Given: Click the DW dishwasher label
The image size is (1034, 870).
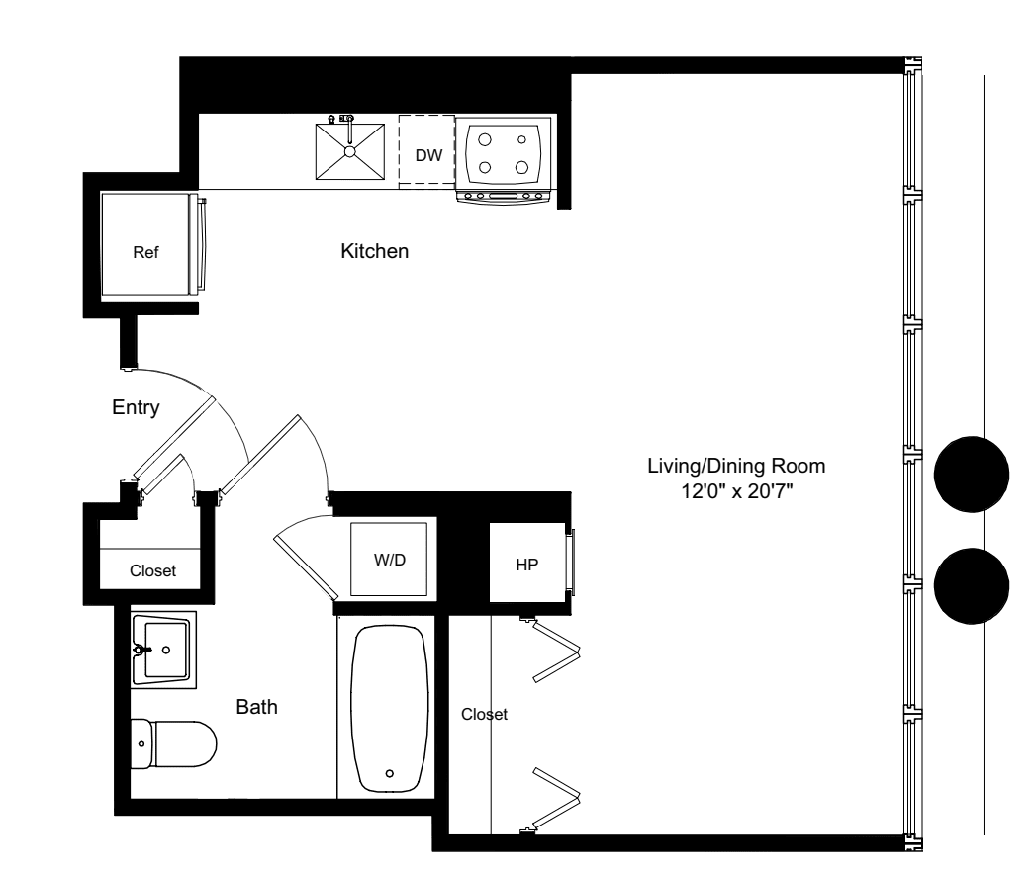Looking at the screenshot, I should point(427,155).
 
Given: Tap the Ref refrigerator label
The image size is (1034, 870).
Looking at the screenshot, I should point(145,251).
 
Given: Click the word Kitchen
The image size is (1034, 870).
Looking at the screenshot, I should point(374,252).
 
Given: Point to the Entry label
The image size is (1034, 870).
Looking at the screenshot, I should point(136,407).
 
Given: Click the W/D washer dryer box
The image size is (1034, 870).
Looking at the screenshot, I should point(389,559).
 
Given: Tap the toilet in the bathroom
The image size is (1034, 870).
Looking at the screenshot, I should point(173,742).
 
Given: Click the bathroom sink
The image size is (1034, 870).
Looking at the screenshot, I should point(165,650).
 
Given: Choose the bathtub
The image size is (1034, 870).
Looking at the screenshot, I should point(392,707).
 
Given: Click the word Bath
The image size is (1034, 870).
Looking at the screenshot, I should point(256,707).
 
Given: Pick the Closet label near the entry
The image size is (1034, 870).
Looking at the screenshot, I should point(152,570).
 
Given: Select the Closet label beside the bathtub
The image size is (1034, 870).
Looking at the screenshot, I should point(484,714).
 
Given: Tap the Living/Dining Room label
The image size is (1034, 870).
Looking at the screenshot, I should point(735,465).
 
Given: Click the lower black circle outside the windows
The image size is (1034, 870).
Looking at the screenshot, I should point(972,586).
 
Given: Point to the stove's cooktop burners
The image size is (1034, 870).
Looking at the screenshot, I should point(503,153).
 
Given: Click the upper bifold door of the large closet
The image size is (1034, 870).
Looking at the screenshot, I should point(556,652).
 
